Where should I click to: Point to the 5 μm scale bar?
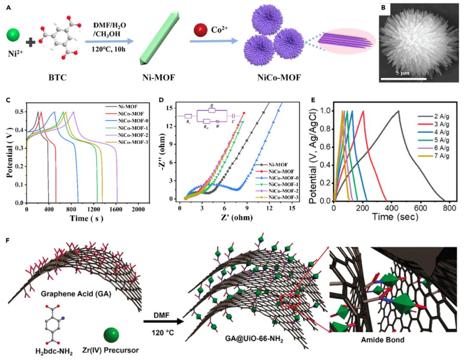click(403, 79)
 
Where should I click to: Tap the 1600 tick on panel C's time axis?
click(116, 209)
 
